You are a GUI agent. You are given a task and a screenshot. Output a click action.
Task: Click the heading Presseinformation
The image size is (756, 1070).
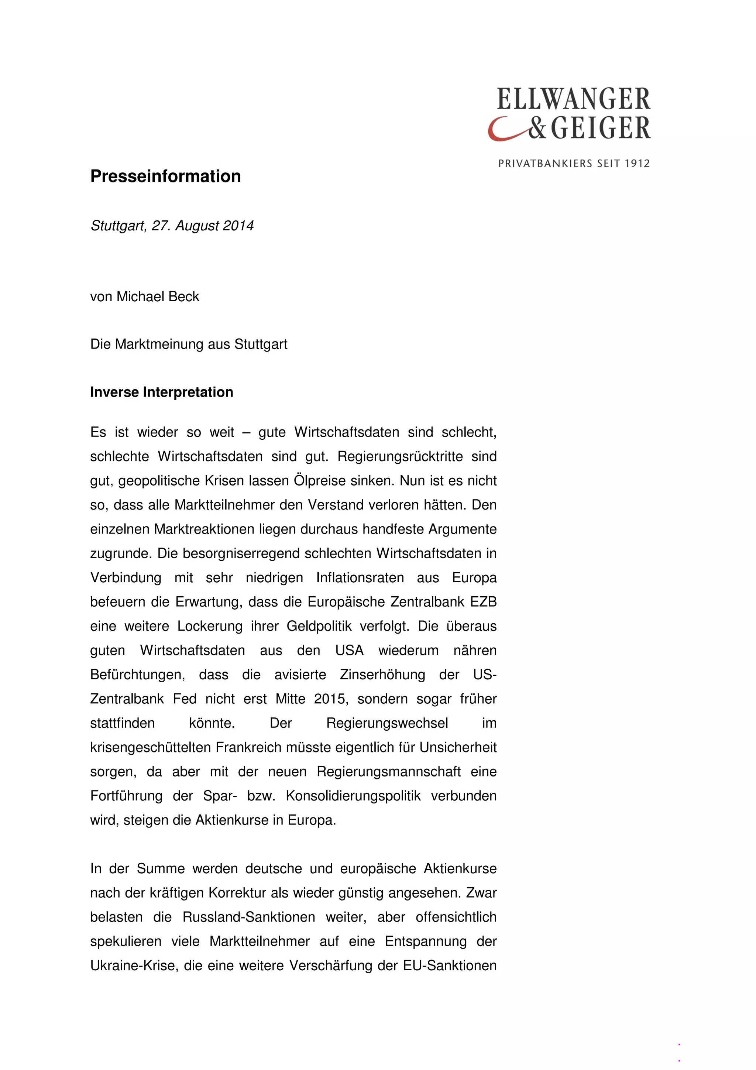pos(165,176)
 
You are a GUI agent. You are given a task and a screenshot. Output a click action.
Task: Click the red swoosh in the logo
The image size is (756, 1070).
pos(505,132)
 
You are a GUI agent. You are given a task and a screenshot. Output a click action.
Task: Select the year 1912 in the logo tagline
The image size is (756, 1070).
pos(637,164)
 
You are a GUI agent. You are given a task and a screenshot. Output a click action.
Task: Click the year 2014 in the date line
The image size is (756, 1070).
pos(238,226)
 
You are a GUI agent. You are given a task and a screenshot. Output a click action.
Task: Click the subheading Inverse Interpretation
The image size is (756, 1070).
pos(162,392)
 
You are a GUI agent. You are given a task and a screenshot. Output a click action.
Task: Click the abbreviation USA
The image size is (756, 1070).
pos(349,651)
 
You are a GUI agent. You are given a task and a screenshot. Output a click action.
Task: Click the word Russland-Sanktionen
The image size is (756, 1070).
pos(249,917)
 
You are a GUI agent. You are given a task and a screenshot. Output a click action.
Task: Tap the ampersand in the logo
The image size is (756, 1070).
pos(537,128)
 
